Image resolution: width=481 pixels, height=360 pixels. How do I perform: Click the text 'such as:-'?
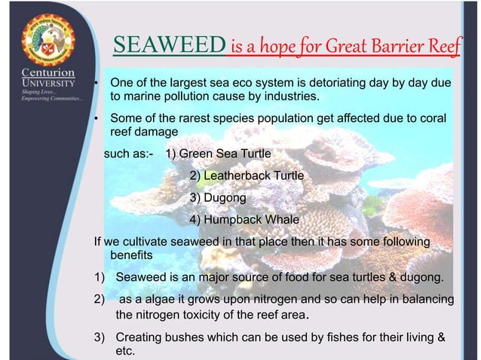pos(128,155)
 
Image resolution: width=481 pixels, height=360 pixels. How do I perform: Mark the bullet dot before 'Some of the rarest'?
pos(96,119)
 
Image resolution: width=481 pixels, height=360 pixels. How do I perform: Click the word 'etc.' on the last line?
pos(124,351)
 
